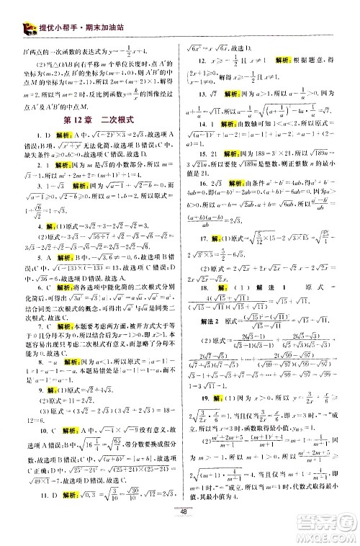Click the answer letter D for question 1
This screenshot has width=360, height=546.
point(42,135)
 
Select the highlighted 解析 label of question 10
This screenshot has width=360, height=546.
point(58,445)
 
